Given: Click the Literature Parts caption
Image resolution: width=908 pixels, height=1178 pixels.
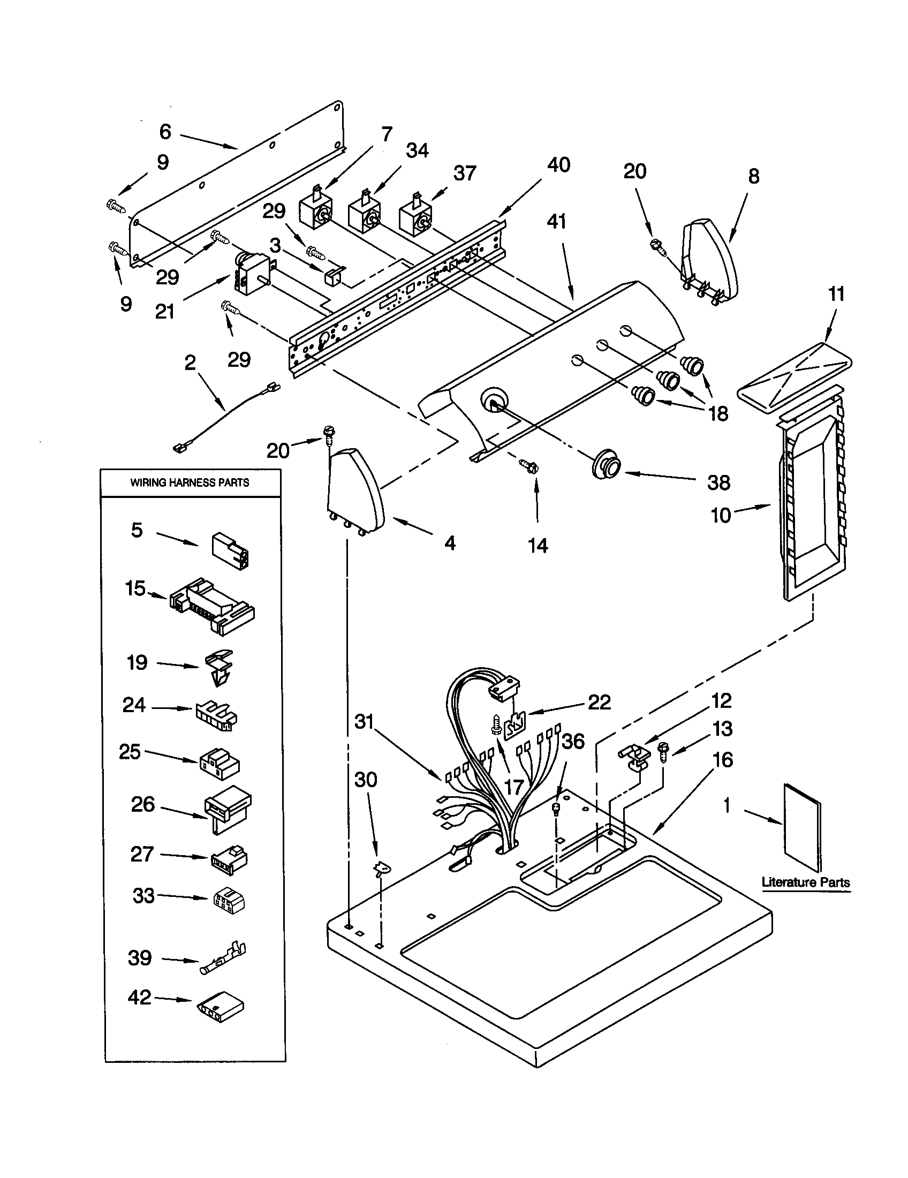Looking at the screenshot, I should [x=806, y=882].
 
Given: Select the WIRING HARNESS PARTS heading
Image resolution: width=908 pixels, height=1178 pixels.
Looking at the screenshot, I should [x=190, y=483].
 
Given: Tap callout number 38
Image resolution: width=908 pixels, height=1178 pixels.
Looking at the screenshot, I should [x=718, y=482].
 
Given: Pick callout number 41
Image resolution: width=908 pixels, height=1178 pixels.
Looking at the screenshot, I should [x=556, y=221].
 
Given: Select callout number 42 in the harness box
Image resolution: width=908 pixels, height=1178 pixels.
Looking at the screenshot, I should [x=140, y=998].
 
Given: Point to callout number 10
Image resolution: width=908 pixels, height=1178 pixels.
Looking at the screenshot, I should [x=721, y=515].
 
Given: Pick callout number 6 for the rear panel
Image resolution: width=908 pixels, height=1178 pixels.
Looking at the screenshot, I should [x=165, y=132].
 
